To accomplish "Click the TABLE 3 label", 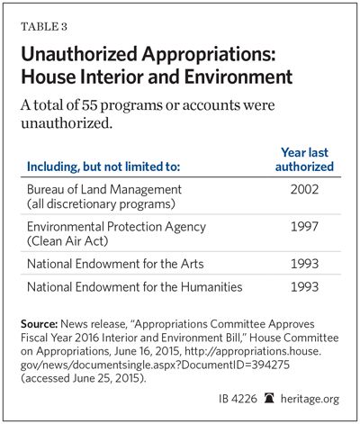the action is (x=44, y=27).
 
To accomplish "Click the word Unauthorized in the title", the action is (x=79, y=54).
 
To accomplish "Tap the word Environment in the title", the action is (x=238, y=77).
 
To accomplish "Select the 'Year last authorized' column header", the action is (x=304, y=159).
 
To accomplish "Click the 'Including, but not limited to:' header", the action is (x=103, y=167).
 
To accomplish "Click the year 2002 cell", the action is (x=304, y=189).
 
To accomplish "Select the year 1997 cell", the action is (x=304, y=227).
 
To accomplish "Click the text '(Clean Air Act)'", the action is (x=67, y=241).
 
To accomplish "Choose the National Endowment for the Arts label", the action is (x=115, y=264).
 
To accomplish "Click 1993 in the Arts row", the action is (x=304, y=264).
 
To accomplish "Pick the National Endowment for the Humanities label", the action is (x=135, y=287).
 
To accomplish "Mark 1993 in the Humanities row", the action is (x=304, y=287).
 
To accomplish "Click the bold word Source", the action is (x=39, y=324).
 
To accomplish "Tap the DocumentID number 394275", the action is (x=270, y=365).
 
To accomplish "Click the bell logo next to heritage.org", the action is (x=269, y=399).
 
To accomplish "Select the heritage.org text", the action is (x=310, y=399).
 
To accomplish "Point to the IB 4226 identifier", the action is (x=238, y=399).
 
